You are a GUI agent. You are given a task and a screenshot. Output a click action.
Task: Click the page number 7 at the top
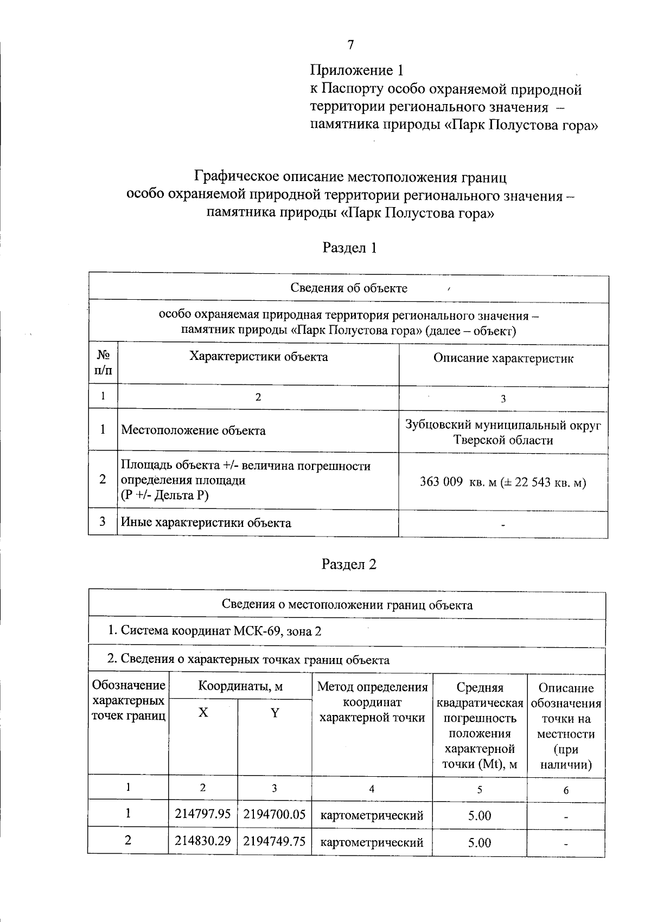coord(350,44)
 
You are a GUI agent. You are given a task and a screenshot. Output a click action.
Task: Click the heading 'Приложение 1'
coord(356,70)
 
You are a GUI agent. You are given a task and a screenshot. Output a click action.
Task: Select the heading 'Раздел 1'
coord(349,248)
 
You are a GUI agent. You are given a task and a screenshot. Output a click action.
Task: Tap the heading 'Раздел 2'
coord(349,564)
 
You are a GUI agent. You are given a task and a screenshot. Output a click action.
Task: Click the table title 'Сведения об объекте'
coord(349,288)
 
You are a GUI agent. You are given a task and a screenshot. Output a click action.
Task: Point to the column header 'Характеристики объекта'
coord(258,357)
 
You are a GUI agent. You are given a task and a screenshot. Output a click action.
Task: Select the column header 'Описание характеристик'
coord(503,358)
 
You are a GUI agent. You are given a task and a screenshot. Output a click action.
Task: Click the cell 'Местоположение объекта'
coord(193,431)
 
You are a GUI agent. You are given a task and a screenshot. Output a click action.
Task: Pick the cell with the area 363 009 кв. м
coord(503,482)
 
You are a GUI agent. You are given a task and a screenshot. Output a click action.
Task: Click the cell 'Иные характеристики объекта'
coord(206,523)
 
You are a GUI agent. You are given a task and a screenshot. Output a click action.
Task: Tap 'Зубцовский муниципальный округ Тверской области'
coord(503,433)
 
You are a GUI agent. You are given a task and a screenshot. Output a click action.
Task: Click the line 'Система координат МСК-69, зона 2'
coord(214,631)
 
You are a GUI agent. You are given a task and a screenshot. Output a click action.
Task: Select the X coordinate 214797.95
coord(203,814)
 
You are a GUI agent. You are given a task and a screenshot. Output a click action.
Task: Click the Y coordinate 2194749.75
coord(275,841)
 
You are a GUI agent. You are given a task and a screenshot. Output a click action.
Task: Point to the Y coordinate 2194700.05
coord(275,814)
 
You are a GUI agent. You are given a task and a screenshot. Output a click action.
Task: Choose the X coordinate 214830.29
coord(203,841)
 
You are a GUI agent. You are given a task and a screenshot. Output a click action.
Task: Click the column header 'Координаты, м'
coord(240,686)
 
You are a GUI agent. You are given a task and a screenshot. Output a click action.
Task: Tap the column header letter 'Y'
coord(275,713)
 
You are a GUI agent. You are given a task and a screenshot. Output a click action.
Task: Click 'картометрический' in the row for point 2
coord(372,843)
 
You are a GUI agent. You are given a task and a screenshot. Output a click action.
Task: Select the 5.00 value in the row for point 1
coord(480,815)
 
